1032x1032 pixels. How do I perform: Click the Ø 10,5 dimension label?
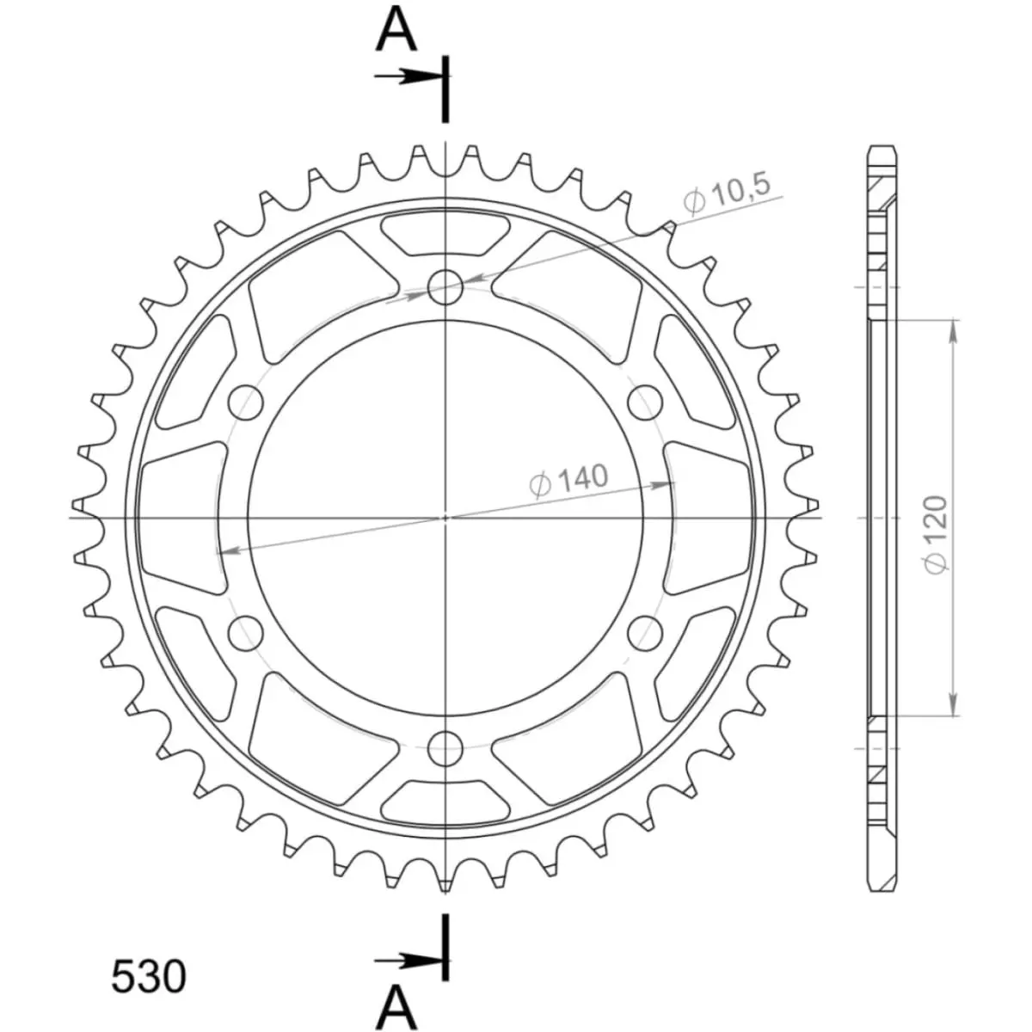(726, 194)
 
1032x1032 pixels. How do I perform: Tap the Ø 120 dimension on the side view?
(937, 534)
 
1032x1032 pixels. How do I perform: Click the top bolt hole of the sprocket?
(445, 287)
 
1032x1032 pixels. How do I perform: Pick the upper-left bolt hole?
(246, 402)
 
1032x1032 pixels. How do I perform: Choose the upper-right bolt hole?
(645, 402)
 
